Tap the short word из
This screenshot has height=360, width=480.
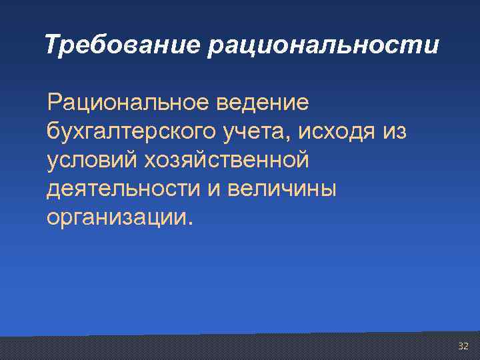394,132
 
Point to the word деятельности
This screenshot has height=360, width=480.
120,189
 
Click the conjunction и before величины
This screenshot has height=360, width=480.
213,189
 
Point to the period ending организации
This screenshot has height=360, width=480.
190,223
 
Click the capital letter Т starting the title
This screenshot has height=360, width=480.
52,45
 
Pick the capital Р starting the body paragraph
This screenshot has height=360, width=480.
53,103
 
